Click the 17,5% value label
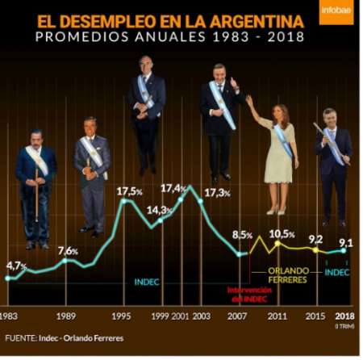[x=130, y=191]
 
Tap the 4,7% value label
[x=17, y=266]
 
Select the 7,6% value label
[x=68, y=251]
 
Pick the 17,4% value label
[x=174, y=188]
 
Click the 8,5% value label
[x=243, y=235]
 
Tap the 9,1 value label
[x=345, y=241]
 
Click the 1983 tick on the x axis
[x=9, y=316]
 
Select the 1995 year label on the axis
[x=122, y=316]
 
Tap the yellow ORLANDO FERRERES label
[x=289, y=274]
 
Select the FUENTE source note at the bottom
[x=65, y=337]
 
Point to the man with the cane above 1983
[x=35, y=186]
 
